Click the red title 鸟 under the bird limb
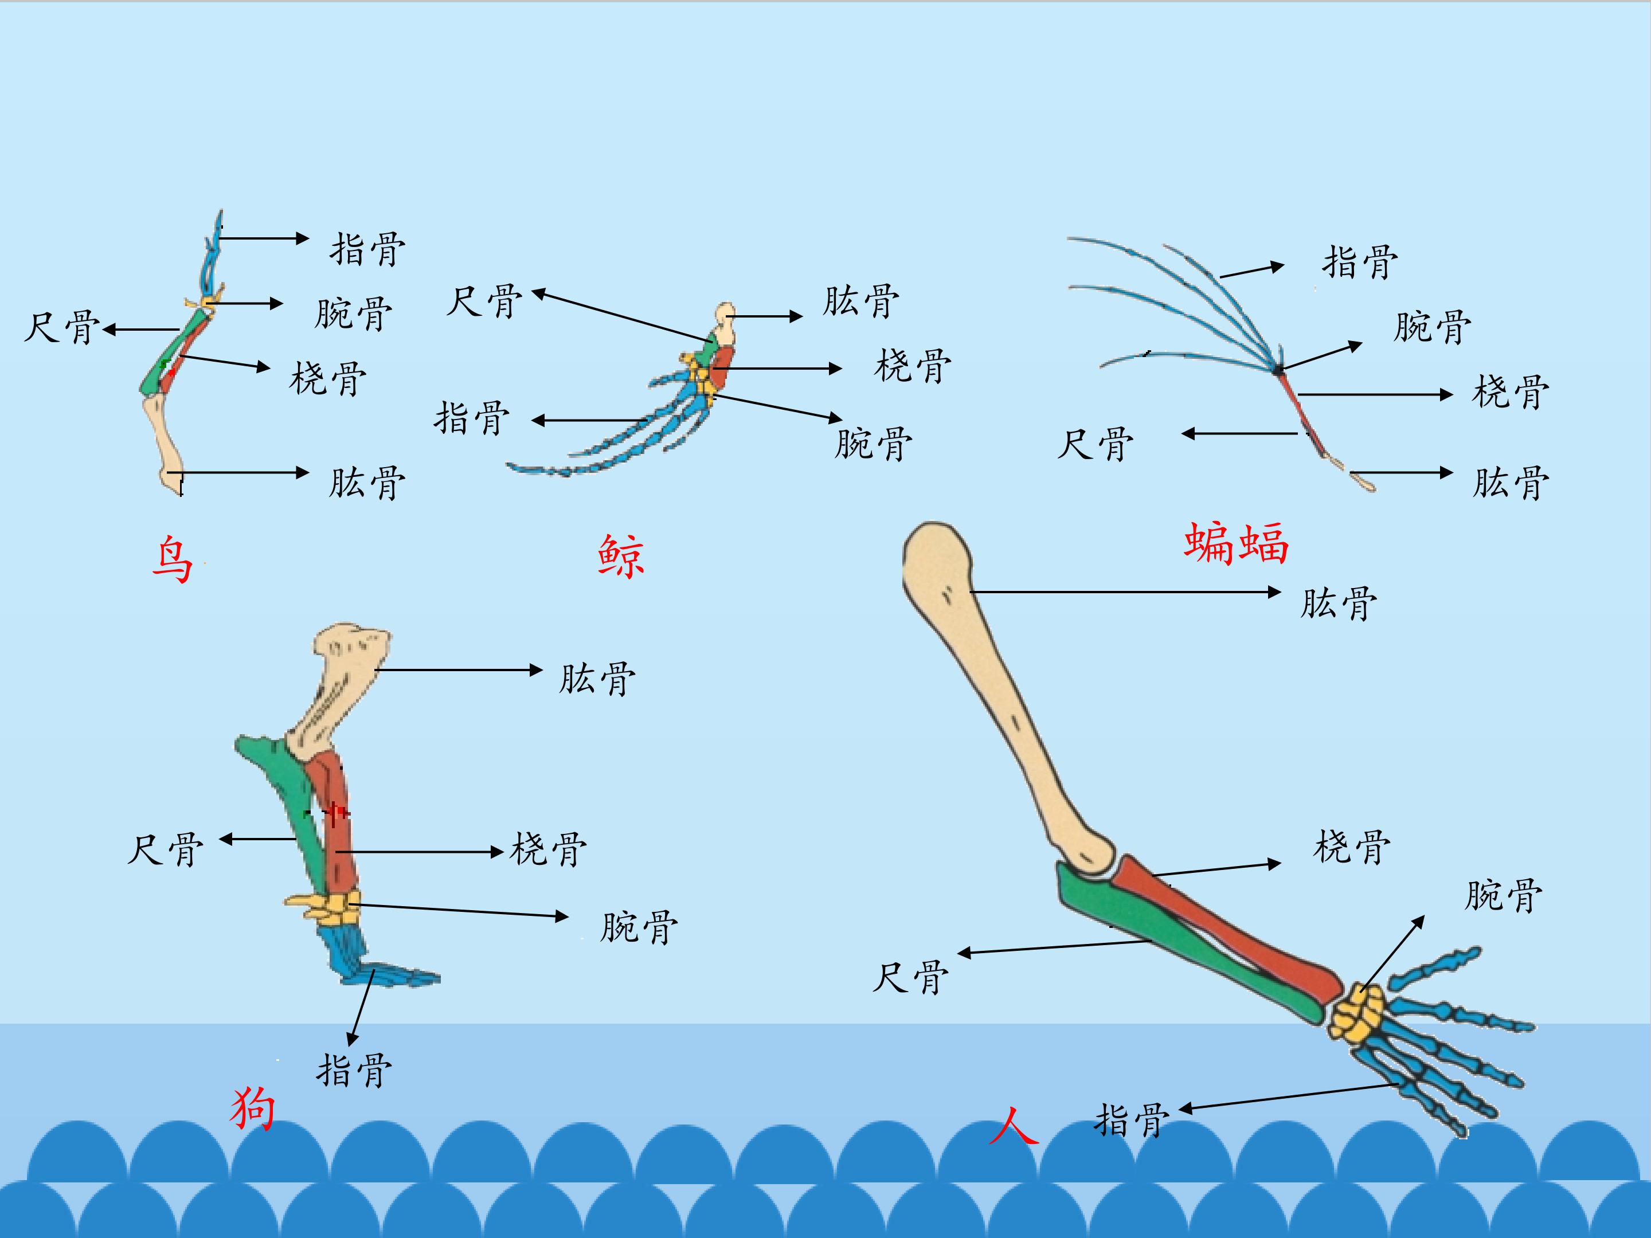[173, 559]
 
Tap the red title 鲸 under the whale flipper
[621, 556]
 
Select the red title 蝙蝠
[1237, 543]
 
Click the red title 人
[1014, 1125]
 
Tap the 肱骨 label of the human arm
[1339, 603]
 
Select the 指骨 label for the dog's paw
[354, 1069]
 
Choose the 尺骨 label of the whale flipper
[484, 301]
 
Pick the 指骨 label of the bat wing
[1360, 262]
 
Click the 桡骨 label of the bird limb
[328, 378]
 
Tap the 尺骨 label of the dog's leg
[165, 849]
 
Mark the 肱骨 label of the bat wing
[1511, 482]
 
